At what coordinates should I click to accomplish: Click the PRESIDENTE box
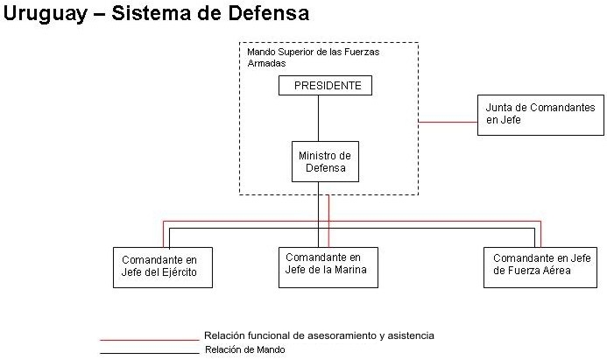pyautogui.click(x=325, y=86)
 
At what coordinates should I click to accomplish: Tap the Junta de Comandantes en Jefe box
pyautogui.click(x=540, y=114)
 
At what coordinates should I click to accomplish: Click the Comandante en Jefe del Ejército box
pyautogui.click(x=164, y=266)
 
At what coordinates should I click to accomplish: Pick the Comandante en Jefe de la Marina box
pyautogui.click(x=328, y=265)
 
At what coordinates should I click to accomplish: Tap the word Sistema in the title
pyautogui.click(x=153, y=15)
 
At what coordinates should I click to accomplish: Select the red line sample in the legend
pyautogui.click(x=149, y=339)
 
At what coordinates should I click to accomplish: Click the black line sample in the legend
pyautogui.click(x=149, y=353)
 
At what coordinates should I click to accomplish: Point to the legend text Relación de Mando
pyautogui.click(x=244, y=350)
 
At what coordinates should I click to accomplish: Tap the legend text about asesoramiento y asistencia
pyautogui.click(x=319, y=335)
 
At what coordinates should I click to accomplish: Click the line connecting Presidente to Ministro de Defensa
pyautogui.click(x=318, y=118)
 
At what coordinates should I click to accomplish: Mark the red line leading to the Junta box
pyautogui.click(x=447, y=123)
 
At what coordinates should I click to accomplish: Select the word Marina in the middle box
pyautogui.click(x=361, y=271)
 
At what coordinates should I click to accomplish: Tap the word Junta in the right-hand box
pyautogui.click(x=500, y=108)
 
